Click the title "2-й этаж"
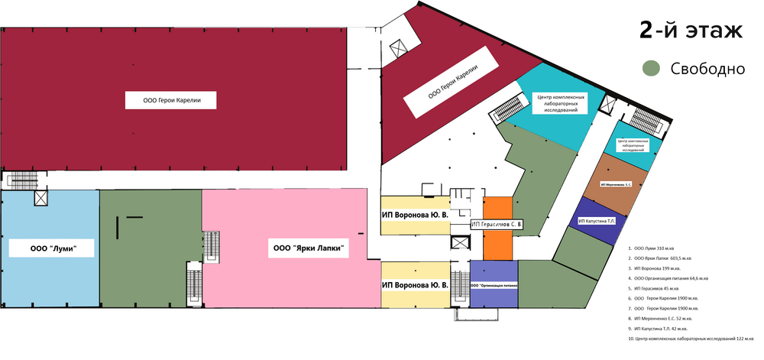[x=691, y=31]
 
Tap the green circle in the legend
[x=651, y=69]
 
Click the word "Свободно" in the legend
[x=707, y=69]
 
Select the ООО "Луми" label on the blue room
[x=51, y=248]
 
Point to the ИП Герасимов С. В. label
[x=497, y=224]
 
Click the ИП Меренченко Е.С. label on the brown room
[x=620, y=184]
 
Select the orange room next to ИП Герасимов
[x=497, y=244]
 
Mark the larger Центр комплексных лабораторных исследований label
[x=562, y=102]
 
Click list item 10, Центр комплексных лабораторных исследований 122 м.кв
[x=691, y=338]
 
